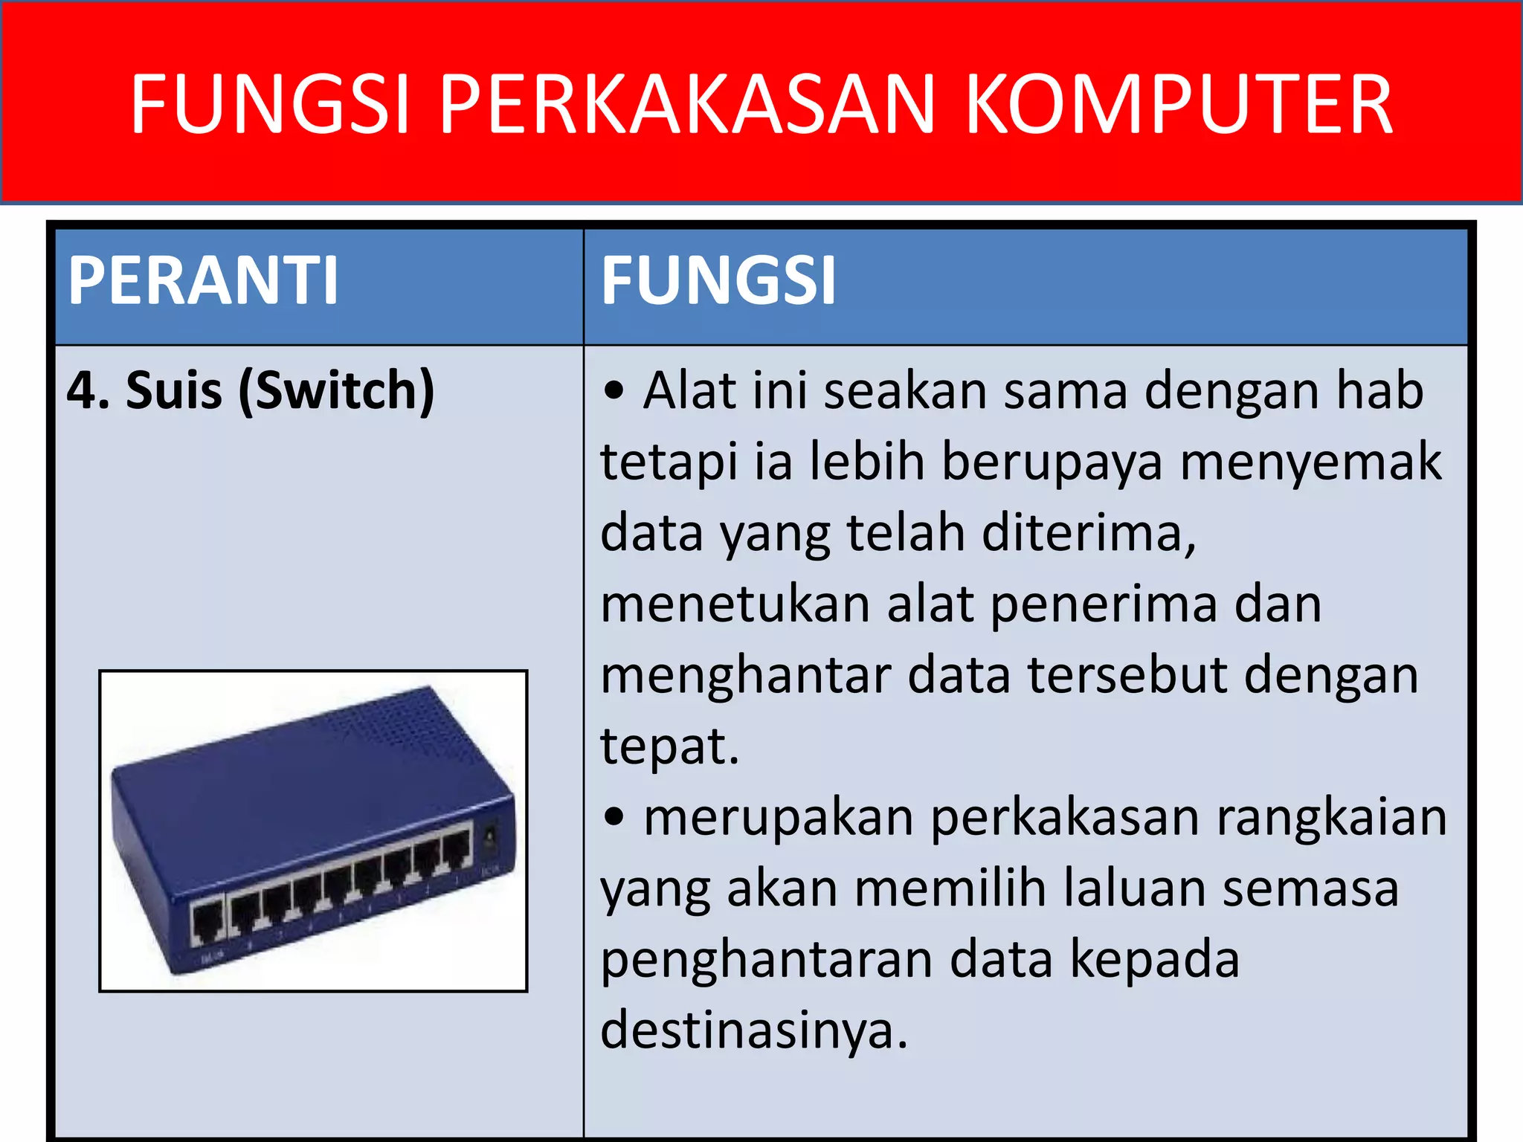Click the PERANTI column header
tap(203, 280)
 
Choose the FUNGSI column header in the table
tap(718, 280)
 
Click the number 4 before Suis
tap(81, 391)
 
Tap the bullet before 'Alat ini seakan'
tap(614, 391)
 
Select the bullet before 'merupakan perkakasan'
tap(614, 817)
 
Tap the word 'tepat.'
tap(669, 746)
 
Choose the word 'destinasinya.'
tap(754, 1030)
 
